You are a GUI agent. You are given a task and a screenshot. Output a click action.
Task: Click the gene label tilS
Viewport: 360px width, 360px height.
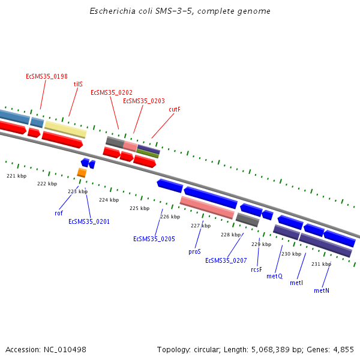[78, 85]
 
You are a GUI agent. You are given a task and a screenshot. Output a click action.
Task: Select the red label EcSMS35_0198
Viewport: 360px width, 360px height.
[47, 76]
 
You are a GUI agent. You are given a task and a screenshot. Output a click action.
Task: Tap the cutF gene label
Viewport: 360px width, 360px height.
[175, 109]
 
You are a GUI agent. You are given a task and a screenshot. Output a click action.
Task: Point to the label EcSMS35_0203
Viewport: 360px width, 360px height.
[144, 101]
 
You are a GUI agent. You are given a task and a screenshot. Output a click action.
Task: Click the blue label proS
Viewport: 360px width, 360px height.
[194, 252]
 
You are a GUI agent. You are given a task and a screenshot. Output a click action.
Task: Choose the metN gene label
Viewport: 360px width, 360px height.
[322, 290]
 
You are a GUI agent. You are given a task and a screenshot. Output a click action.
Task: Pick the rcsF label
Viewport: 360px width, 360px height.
[257, 269]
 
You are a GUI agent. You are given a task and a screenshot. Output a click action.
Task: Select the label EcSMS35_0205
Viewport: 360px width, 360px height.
[154, 239]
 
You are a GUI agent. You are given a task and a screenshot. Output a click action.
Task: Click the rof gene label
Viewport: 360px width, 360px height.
[59, 213]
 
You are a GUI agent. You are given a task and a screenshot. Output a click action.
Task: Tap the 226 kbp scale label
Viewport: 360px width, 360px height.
[170, 217]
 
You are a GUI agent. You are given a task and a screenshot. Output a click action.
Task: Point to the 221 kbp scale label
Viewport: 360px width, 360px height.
[17, 176]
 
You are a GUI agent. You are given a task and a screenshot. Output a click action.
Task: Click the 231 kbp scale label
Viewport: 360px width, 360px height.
[321, 264]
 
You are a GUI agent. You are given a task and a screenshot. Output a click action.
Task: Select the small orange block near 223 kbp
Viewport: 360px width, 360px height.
[82, 173]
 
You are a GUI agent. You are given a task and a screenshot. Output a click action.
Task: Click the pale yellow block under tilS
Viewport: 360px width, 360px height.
[65, 128]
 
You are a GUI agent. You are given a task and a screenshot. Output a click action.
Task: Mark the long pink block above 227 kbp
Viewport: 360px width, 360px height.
[207, 207]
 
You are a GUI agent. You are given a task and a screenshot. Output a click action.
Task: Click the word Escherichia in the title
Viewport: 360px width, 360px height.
[110, 11]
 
